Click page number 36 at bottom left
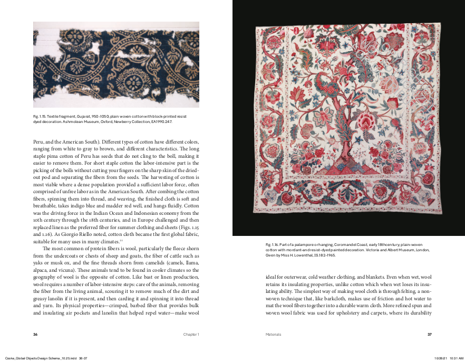pos(35,334)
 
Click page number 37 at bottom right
pos(430,334)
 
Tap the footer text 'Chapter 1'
pos(191,334)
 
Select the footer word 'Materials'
pos(273,334)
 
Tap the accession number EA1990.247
pos(161,121)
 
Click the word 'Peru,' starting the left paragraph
pos(38,142)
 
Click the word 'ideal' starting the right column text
pos(271,277)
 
